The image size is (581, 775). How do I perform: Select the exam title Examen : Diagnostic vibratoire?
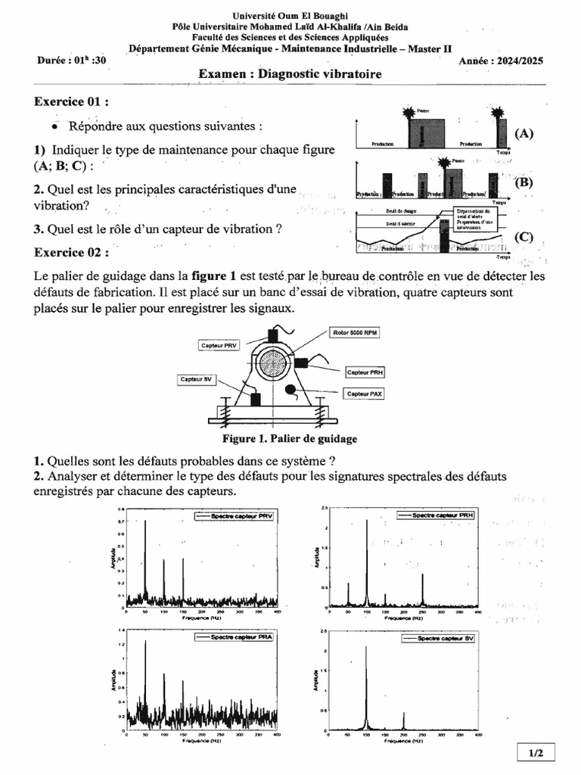point(290,74)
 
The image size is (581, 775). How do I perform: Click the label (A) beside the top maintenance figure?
point(524,133)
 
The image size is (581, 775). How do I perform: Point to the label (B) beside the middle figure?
point(524,182)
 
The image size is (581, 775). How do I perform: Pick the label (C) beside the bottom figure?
point(524,237)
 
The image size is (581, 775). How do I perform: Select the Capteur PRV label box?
point(220,345)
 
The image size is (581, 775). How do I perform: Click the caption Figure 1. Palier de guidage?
point(290,438)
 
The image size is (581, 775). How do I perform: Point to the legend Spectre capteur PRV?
point(235,516)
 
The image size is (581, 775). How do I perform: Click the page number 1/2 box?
point(536,752)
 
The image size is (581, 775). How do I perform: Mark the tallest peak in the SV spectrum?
point(366,648)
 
